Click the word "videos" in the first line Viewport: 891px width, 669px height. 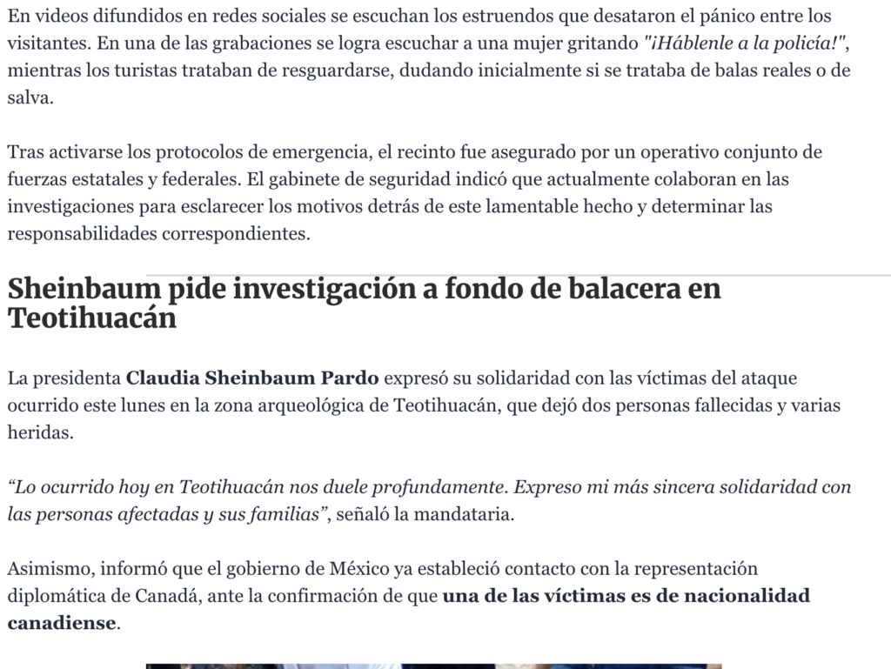click(58, 16)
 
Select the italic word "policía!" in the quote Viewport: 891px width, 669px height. click(803, 43)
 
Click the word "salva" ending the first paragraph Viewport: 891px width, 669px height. click(29, 98)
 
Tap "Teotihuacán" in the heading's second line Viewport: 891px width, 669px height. click(92, 318)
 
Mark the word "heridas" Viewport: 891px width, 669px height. click(41, 432)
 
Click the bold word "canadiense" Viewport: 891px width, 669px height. click(61, 623)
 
